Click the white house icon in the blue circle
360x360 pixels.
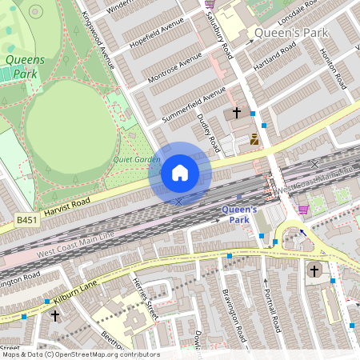point(180,173)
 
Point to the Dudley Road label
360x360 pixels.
point(209,132)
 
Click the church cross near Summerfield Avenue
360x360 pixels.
point(237,114)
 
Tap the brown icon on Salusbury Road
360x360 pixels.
point(254,139)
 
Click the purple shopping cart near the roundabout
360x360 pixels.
point(303,210)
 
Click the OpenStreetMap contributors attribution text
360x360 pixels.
point(80,354)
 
